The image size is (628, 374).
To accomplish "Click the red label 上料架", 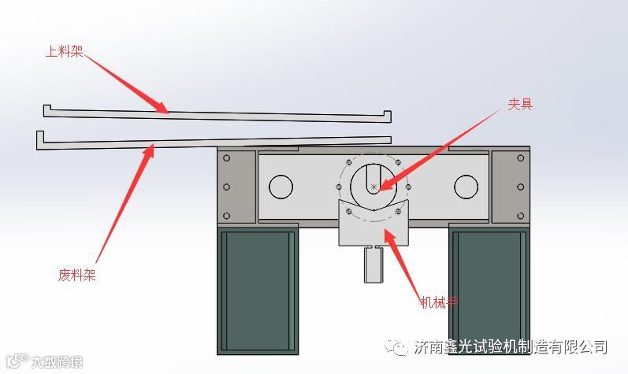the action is [65, 52].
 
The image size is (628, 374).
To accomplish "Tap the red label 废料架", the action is [76, 275].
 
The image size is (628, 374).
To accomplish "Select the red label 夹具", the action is [520, 103].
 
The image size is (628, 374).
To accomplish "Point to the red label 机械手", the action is [439, 302].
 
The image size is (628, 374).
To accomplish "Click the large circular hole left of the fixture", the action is [281, 187].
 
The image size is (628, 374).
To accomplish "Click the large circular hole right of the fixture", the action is [466, 187].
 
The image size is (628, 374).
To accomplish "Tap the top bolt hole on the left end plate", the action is [227, 158].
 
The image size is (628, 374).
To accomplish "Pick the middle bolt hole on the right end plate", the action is [520, 187].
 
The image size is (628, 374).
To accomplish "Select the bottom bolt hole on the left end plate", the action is [227, 215].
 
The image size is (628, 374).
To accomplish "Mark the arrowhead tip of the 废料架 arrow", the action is [152, 143].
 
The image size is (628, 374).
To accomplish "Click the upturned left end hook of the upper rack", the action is [46, 109].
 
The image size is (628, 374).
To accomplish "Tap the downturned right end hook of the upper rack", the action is [387, 116].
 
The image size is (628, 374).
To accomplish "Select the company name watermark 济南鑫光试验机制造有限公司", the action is [510, 347].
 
